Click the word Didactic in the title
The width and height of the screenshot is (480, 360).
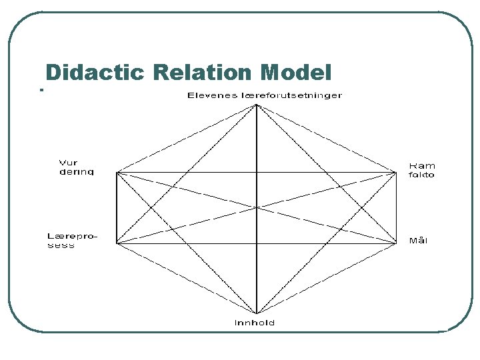[x=95, y=72]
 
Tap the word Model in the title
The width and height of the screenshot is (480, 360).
[x=297, y=72]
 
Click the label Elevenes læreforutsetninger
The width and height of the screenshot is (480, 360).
[x=265, y=95]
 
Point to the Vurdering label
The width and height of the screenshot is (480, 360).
[x=77, y=167]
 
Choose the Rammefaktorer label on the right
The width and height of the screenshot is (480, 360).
[x=421, y=169]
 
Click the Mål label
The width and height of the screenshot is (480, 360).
[x=418, y=241]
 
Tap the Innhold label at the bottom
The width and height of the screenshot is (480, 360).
[x=255, y=323]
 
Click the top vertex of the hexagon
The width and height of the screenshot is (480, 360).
[x=257, y=104]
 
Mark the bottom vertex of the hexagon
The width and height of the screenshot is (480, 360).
[x=257, y=313]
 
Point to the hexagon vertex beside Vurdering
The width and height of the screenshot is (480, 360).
[x=117, y=173]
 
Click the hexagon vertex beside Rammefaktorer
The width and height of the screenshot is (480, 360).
[x=397, y=173]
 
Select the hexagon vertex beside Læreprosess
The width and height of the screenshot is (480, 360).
[x=117, y=243]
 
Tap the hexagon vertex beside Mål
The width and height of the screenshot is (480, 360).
[x=397, y=243]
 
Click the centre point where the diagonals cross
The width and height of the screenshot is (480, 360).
[x=257, y=208]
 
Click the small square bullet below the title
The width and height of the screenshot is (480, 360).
[x=41, y=90]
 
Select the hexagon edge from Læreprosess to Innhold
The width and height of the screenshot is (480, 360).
[x=187, y=279]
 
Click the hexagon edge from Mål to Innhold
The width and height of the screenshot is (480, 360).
[x=327, y=279]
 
